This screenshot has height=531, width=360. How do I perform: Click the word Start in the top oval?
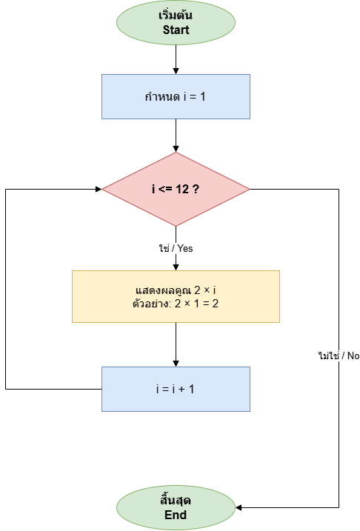pyautogui.click(x=176, y=30)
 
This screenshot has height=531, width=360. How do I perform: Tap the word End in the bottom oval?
pyautogui.click(x=176, y=515)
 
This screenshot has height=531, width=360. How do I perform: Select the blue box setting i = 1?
pyautogui.click(x=176, y=96)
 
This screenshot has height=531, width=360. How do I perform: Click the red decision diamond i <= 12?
pyautogui.click(x=176, y=189)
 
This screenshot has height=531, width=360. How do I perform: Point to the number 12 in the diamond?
pyautogui.click(x=182, y=189)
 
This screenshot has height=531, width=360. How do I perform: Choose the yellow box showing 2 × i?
pyautogui.click(x=176, y=296)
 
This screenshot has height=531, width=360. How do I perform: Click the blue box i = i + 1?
pyautogui.click(x=176, y=389)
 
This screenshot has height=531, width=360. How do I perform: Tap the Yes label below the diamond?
pyautogui.click(x=185, y=248)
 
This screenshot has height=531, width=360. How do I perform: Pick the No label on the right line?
pyautogui.click(x=353, y=355)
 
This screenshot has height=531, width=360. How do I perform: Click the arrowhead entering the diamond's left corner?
pyautogui.click(x=99, y=189)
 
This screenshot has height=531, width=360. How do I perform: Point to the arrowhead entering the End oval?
pyautogui.click(x=238, y=507)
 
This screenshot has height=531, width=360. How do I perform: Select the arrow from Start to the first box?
pyautogui.click(x=176, y=59)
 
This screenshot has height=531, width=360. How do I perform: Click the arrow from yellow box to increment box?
pyautogui.click(x=176, y=345)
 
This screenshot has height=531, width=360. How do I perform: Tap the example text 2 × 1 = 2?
pyautogui.click(x=196, y=304)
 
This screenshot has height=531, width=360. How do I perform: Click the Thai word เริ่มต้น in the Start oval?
pyautogui.click(x=176, y=16)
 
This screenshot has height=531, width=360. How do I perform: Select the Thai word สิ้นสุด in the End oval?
pyautogui.click(x=176, y=500)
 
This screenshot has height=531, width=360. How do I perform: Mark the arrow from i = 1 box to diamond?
pyautogui.click(x=176, y=136)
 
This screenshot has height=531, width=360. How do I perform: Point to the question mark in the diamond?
pyautogui.click(x=196, y=189)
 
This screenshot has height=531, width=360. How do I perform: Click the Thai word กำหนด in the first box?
pyautogui.click(x=162, y=97)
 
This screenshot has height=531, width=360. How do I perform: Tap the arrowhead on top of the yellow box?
pyautogui.click(x=176, y=267)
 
